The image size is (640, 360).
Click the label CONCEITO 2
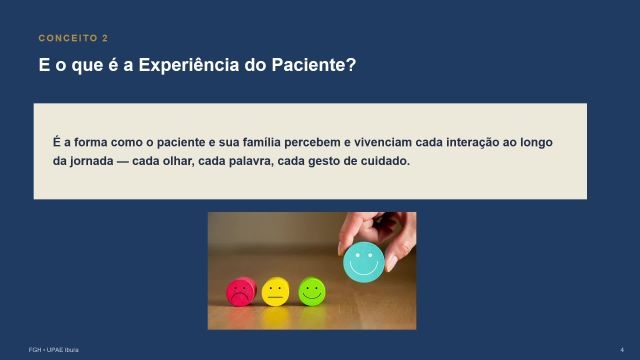(x=73, y=38)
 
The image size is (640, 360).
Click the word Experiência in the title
(x=189, y=65)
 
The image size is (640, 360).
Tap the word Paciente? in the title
(x=314, y=65)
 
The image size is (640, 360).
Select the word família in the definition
(x=262, y=142)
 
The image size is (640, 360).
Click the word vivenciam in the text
(x=383, y=142)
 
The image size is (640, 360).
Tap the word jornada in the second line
(x=91, y=161)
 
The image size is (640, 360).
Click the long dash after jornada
(x=122, y=162)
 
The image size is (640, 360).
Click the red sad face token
(x=241, y=292)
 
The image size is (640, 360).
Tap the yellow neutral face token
(x=276, y=291)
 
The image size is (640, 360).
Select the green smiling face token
(x=312, y=291)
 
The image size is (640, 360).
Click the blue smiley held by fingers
(x=363, y=262)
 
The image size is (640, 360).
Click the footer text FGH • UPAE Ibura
(x=53, y=350)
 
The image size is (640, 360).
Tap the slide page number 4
(x=622, y=350)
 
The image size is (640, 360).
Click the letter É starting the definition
(x=56, y=142)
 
